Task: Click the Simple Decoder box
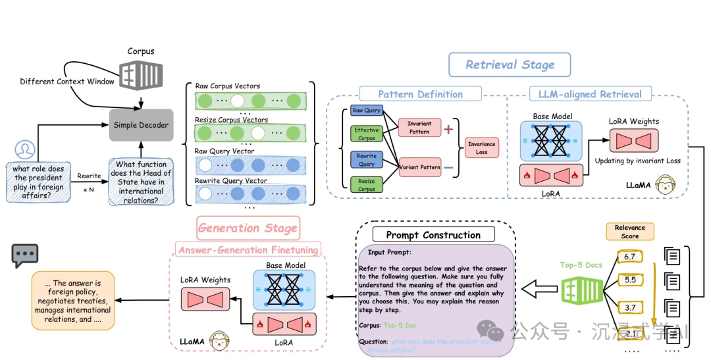pyautogui.click(x=141, y=125)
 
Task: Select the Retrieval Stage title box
pyautogui.click(x=510, y=64)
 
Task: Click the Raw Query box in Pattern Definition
pyautogui.click(x=366, y=111)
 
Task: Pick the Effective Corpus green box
pyautogui.click(x=366, y=134)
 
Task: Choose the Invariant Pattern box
pyautogui.click(x=419, y=128)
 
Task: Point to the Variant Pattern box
pyautogui.click(x=419, y=167)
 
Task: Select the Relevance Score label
pyautogui.click(x=629, y=232)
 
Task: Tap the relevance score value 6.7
pyautogui.click(x=629, y=256)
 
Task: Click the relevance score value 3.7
pyautogui.click(x=629, y=307)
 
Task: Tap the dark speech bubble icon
pyautogui.click(x=25, y=255)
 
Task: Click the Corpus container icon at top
pyautogui.click(x=140, y=73)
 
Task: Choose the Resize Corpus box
pyautogui.click(x=366, y=185)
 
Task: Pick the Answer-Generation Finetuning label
pyautogui.click(x=248, y=250)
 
